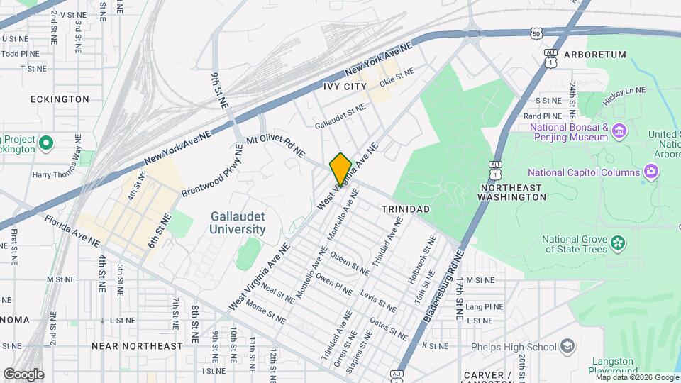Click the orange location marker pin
click(340, 169)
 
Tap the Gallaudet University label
click(238, 223)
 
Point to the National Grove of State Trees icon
click(619, 243)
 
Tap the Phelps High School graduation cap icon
click(567, 346)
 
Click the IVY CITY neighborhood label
click(345, 87)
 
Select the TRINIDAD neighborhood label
click(405, 209)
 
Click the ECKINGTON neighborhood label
click(60, 99)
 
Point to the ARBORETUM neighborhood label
click(595, 55)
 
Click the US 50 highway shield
click(537, 33)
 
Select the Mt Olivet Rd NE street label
click(275, 148)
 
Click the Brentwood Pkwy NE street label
click(212, 171)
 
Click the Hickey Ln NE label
click(624, 96)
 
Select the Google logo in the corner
click(23, 374)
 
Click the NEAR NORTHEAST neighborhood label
click(137, 345)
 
